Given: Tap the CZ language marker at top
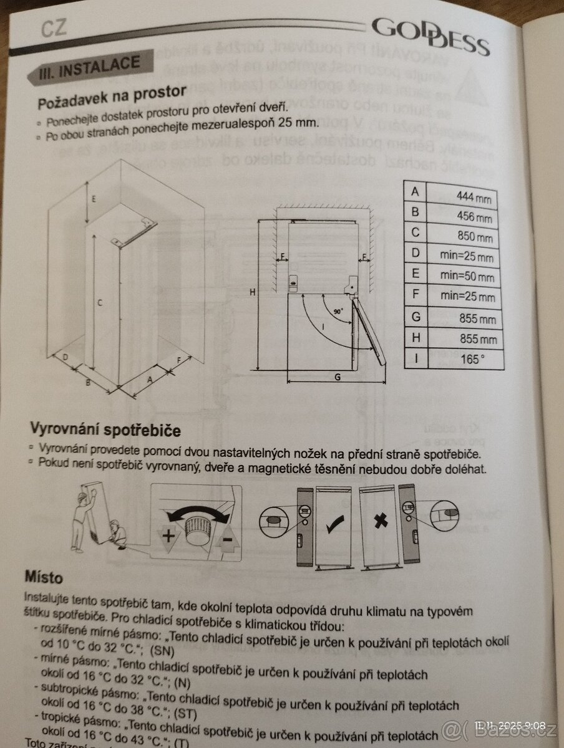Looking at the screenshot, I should pyautogui.click(x=54, y=27).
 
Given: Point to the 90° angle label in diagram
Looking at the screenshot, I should pyautogui.click(x=338, y=311).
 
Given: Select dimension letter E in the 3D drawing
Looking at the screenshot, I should pyautogui.click(x=92, y=199).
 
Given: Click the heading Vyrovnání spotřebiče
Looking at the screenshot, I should pyautogui.click(x=105, y=430).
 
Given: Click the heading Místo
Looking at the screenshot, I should pyautogui.click(x=44, y=575).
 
